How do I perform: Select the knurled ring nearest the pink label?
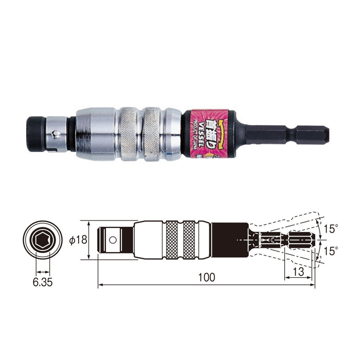[x=155, y=134]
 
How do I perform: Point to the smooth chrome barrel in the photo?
[x=97, y=134]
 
